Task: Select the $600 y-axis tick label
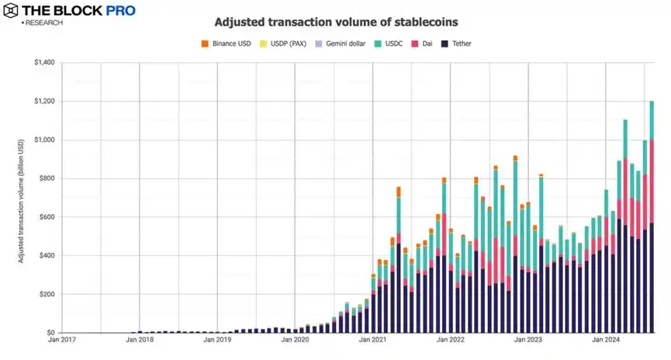[x=45, y=217]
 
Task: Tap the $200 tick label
[x=45, y=294]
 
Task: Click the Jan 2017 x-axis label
[x=61, y=340]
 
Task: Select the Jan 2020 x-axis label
[x=295, y=340]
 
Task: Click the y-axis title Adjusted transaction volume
[x=22, y=198]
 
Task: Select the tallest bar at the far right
[x=652, y=217]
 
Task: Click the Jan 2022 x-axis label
[x=450, y=340]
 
